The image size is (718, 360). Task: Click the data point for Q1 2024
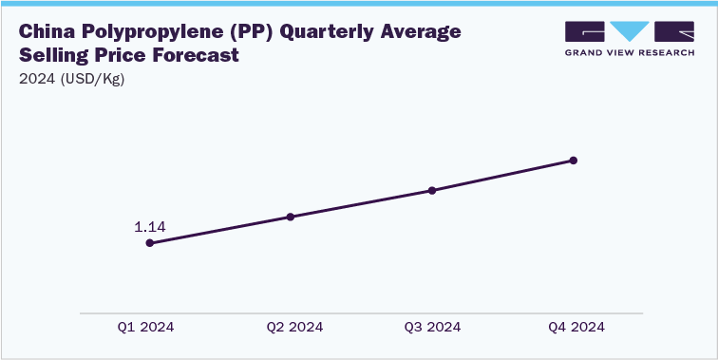tap(149, 243)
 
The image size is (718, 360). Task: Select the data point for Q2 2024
tap(291, 217)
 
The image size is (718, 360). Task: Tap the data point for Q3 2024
tap(432, 190)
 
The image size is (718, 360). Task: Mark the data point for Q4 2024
tap(574, 161)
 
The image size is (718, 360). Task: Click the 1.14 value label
tap(149, 227)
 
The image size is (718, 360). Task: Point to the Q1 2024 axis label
tap(146, 327)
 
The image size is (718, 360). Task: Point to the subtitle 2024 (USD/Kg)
tap(71, 79)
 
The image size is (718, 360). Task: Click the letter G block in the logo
tap(584, 31)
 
